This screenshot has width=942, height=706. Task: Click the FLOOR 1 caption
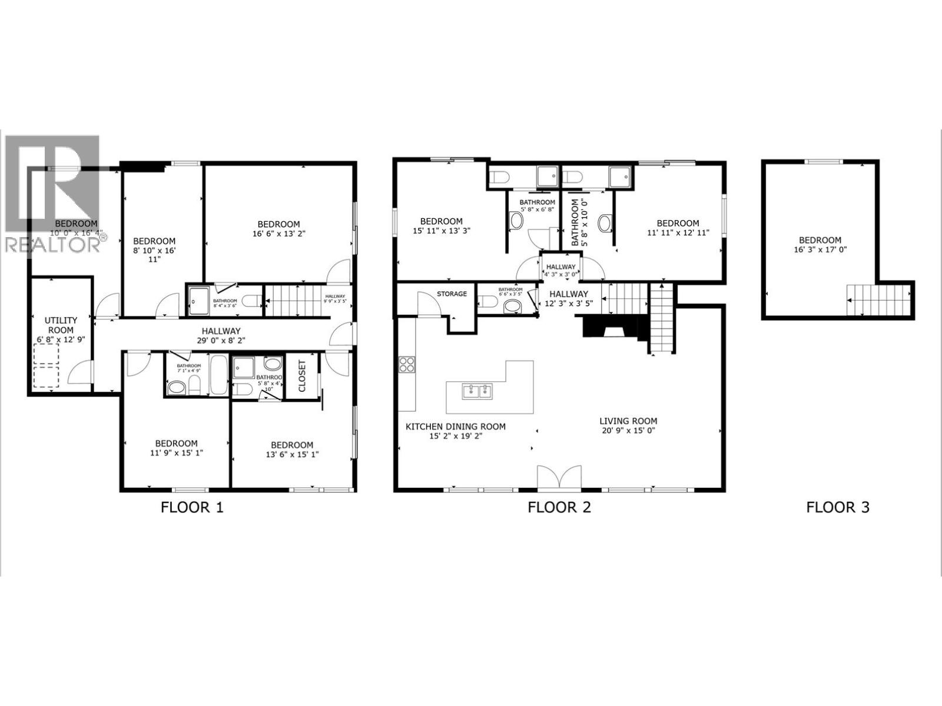(192, 507)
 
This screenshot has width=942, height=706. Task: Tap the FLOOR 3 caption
(837, 507)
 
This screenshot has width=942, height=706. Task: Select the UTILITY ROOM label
(61, 325)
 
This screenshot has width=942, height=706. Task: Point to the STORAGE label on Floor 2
(452, 294)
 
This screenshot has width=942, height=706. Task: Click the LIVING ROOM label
(628, 421)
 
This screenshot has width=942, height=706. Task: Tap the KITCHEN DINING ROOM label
(455, 427)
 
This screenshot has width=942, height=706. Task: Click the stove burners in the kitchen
(407, 365)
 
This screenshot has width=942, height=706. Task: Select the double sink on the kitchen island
(477, 391)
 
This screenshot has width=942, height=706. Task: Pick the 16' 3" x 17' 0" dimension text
(820, 249)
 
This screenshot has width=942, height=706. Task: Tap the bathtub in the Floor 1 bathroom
(217, 375)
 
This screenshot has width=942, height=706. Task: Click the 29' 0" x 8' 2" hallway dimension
(221, 340)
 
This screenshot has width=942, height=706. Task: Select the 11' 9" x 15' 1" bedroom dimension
(176, 454)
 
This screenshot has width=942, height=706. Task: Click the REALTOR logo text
(53, 244)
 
